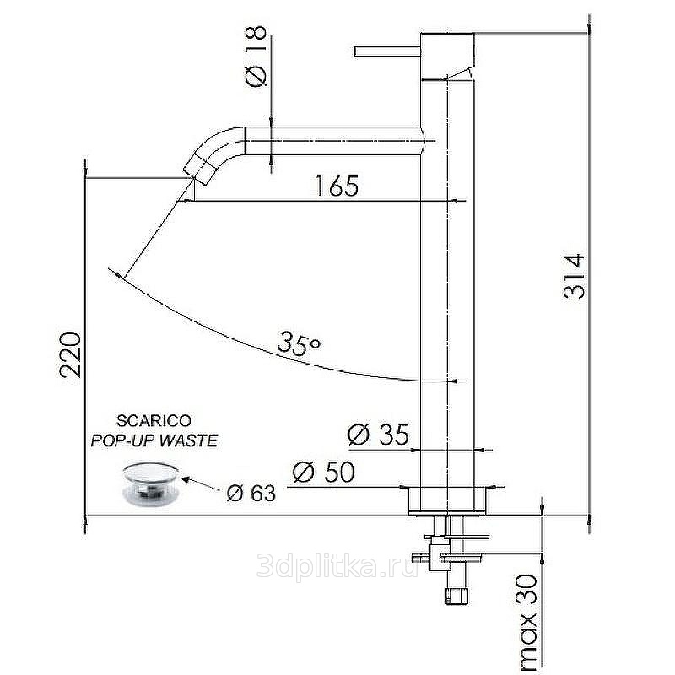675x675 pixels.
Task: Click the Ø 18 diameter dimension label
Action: point(256,57)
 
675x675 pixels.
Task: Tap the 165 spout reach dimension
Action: point(337,186)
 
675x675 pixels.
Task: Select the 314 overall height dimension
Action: point(575,277)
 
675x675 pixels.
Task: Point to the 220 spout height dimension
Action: point(70,354)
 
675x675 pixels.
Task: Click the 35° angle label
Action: point(300,343)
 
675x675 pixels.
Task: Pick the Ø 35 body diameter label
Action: point(378,435)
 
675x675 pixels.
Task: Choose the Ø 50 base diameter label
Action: point(323,472)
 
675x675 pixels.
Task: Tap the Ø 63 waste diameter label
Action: point(251,494)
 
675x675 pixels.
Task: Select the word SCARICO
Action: point(154,420)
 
